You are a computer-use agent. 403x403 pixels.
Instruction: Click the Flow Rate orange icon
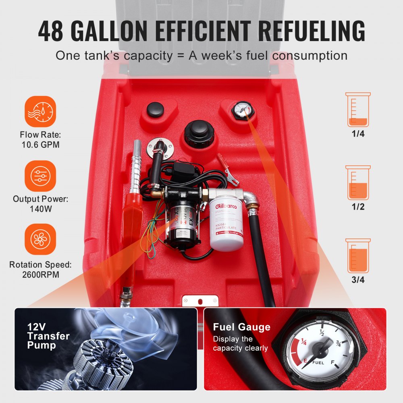coord(40,112)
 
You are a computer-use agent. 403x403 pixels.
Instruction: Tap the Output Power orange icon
coord(40,176)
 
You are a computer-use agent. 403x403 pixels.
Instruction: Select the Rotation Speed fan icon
coord(40,239)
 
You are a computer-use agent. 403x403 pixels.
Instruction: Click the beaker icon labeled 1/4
coord(358,110)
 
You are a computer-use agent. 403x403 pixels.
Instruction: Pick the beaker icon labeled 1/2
coord(358,183)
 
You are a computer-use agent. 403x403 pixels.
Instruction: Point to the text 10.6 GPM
coord(40,144)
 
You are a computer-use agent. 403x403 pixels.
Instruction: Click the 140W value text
coord(40,209)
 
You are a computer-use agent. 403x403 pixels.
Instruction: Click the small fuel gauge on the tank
coord(242,109)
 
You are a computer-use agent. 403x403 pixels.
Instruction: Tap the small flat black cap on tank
coord(155,109)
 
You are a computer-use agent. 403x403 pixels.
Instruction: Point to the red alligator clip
coord(225,167)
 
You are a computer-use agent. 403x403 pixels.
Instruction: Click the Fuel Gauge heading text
coord(242,327)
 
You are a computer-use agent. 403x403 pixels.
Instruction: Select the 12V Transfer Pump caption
coord(48,336)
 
